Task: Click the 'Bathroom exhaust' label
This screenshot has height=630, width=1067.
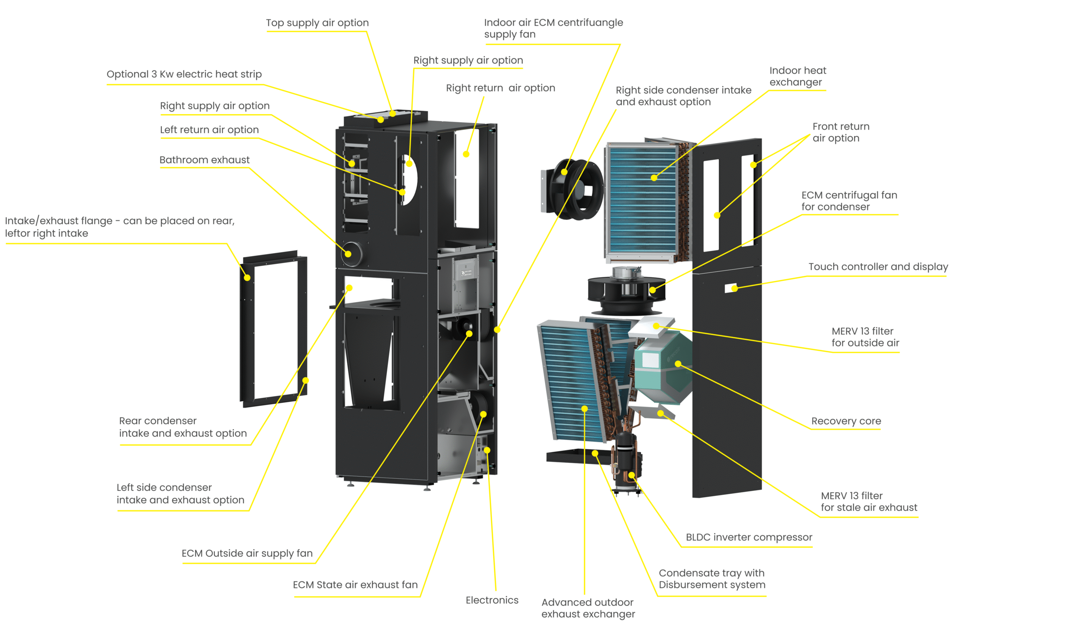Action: [204, 160]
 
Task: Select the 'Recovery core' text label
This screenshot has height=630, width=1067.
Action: [846, 421]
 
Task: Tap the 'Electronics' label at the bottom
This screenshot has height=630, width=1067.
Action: [492, 600]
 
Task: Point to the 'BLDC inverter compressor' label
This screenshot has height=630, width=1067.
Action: [749, 537]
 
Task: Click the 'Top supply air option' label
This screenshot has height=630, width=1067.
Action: [317, 23]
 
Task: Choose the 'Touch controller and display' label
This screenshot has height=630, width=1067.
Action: [878, 267]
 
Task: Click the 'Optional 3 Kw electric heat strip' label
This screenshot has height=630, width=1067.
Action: [184, 74]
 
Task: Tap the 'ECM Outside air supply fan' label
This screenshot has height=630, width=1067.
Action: [247, 553]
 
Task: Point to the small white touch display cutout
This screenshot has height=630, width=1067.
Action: [730, 288]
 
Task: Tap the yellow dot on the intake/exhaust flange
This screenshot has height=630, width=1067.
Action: [247, 278]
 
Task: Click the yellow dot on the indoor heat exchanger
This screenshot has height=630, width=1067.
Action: [654, 178]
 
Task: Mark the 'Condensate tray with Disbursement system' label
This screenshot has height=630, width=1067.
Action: [711, 579]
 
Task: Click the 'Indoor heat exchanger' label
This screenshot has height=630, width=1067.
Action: [797, 76]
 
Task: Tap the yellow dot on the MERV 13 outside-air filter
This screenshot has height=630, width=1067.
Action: [656, 326]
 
